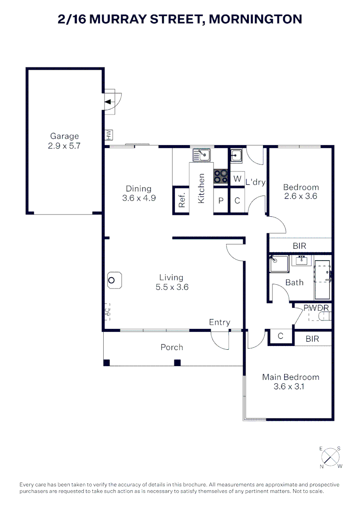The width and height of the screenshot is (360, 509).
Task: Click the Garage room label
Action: pyautogui.click(x=65, y=137)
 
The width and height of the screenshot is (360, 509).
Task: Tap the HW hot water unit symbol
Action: pyautogui.click(x=109, y=135)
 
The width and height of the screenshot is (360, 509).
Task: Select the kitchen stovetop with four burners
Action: pyautogui.click(x=221, y=176)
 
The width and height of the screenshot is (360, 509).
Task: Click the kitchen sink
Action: pyautogui.click(x=202, y=154)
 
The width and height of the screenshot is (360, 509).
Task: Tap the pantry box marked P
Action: pyautogui.click(x=221, y=200)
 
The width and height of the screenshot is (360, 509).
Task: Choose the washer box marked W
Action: pyautogui.click(x=237, y=179)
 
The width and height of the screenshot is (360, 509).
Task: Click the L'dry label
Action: pyautogui.click(x=256, y=182)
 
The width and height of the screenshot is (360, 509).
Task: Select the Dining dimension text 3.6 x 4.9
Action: pyautogui.click(x=139, y=198)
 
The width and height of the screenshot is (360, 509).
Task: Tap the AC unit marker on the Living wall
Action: pyautogui.click(x=107, y=312)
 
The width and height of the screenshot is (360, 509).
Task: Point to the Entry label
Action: pyautogui.click(x=220, y=322)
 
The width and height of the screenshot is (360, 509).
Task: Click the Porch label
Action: pyautogui.click(x=172, y=347)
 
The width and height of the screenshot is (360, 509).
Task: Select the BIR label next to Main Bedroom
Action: pyautogui.click(x=312, y=339)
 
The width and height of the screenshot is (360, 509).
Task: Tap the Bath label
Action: pyautogui.click(x=295, y=282)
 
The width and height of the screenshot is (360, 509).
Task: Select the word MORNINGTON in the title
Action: pyautogui.click(x=255, y=19)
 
